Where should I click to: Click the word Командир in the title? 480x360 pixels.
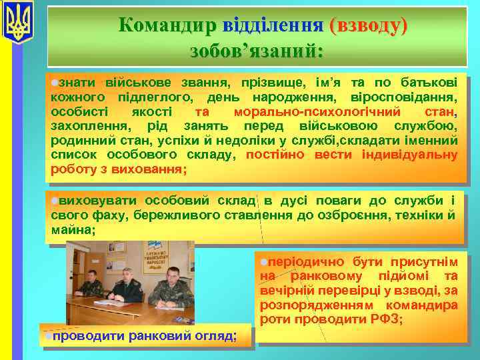point(167,25)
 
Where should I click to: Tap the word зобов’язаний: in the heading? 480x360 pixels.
point(256,50)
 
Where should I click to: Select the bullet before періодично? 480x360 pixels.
point(264,262)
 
